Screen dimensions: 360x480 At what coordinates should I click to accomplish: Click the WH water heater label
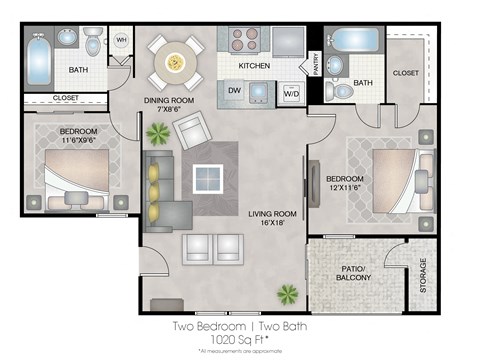[121, 41]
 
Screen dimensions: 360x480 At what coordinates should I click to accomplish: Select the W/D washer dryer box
[292, 94]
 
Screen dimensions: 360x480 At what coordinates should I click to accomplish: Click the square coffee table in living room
[209, 178]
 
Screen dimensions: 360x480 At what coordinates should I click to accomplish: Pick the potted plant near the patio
[288, 294]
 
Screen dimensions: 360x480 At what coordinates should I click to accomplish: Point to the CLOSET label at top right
[407, 72]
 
